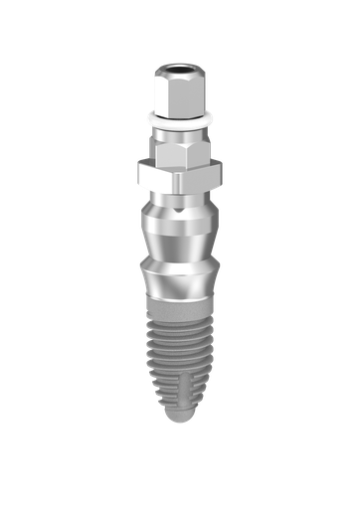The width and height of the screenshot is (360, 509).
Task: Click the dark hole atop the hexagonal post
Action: (180, 70)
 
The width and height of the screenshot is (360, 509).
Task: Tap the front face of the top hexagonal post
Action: (179, 93)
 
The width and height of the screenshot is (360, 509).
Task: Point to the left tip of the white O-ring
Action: (147, 120)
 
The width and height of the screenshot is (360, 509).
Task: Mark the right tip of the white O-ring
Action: (212, 120)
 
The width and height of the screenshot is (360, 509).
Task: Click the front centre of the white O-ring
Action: (179, 125)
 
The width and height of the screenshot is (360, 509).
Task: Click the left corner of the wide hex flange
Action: (140, 176)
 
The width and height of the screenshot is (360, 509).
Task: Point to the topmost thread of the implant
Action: (179, 327)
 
